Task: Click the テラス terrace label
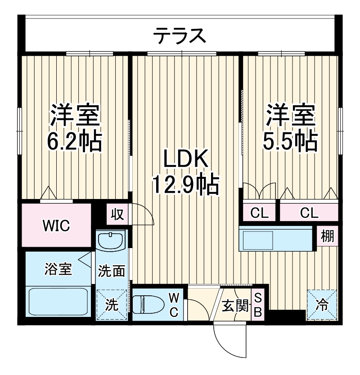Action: [180, 35]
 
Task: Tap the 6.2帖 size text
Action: [75, 141]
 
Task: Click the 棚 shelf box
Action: [328, 236]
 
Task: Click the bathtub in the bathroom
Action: [58, 302]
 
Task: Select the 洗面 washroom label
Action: [112, 271]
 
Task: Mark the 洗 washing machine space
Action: [112, 305]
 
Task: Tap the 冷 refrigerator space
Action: [322, 305]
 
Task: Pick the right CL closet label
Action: [309, 212]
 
